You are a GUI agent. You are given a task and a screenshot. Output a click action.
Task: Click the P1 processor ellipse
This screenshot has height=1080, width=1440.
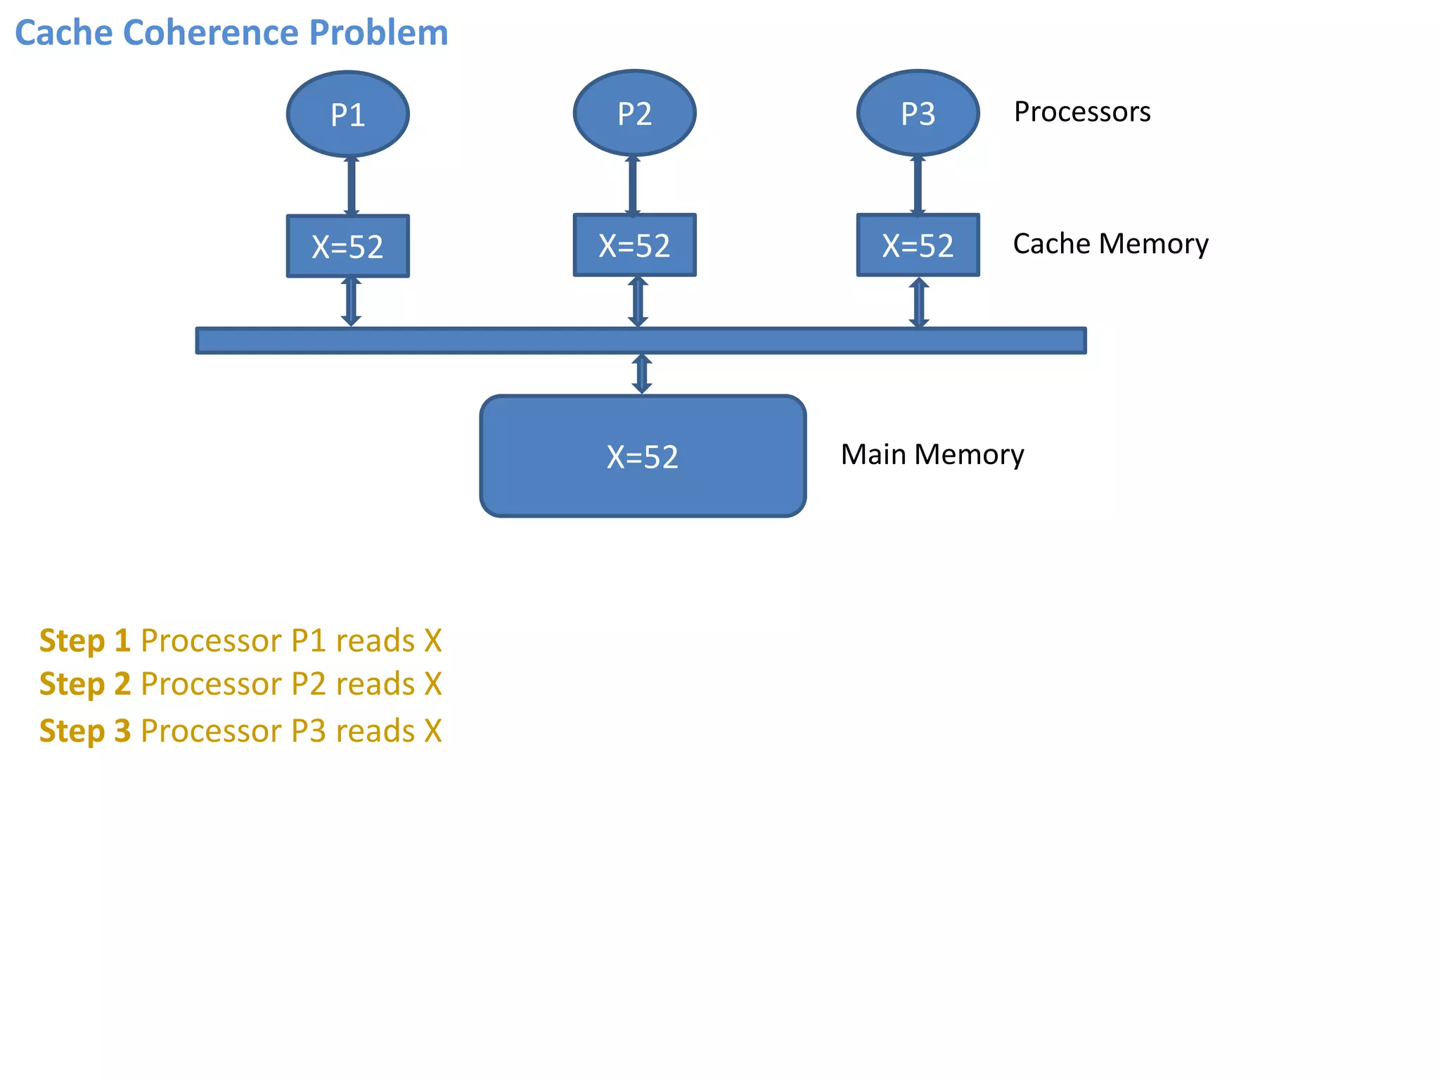point(347,114)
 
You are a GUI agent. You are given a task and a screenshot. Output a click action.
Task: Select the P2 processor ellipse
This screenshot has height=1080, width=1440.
point(634,113)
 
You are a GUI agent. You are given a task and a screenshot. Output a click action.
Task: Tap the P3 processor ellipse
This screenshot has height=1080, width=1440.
point(918,113)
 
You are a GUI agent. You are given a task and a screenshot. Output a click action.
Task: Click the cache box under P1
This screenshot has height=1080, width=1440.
point(347,246)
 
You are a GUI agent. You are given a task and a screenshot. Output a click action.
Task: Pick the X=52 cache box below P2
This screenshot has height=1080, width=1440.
point(634,245)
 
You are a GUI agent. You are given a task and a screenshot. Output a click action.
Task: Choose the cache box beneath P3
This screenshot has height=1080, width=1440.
point(918,245)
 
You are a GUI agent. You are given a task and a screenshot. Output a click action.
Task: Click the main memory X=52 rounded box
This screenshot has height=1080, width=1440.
point(642,456)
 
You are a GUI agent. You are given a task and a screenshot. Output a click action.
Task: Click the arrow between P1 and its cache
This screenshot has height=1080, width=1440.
point(352,186)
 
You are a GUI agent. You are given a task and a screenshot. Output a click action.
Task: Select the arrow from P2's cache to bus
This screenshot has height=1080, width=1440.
point(638,301)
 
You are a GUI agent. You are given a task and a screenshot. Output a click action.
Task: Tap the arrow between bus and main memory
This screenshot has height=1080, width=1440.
point(641,373)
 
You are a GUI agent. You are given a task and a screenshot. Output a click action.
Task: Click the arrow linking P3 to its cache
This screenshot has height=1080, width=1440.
point(918,185)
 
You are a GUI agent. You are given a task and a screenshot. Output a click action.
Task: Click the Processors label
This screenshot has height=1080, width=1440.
point(1081,112)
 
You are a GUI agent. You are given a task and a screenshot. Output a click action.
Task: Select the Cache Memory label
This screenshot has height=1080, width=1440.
point(1110,243)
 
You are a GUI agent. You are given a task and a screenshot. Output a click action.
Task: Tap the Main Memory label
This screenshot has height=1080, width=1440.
point(932,454)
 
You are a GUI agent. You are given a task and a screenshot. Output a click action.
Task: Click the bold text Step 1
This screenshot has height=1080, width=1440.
point(84,641)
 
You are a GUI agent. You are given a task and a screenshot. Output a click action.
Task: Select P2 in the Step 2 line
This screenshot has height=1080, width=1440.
point(308,684)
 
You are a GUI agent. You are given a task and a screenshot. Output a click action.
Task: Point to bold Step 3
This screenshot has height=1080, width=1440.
point(84,731)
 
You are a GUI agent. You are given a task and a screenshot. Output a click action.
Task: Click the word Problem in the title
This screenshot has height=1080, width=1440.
point(378,33)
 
